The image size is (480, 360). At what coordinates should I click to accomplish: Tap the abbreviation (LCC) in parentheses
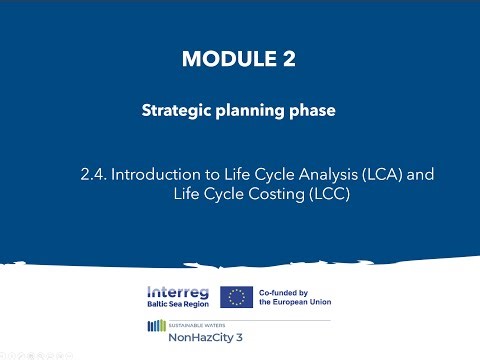tap(328, 193)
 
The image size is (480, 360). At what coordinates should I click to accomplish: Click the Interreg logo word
tap(179, 290)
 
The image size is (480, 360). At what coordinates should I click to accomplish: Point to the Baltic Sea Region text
tap(179, 303)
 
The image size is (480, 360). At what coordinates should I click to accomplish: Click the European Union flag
tap(236, 296)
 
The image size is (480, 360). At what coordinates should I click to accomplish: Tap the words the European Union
tap(295, 302)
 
